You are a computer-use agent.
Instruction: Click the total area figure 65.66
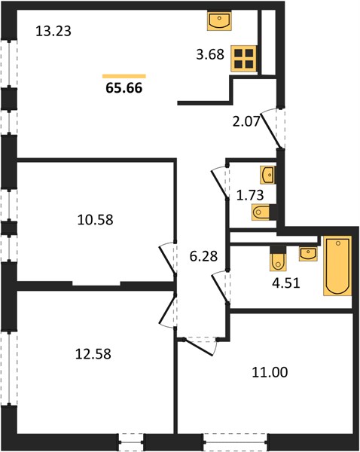(124, 88)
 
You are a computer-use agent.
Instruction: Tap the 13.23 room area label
(53, 31)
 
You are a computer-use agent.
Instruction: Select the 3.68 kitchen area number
(210, 54)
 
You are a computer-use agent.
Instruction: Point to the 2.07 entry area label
(246, 121)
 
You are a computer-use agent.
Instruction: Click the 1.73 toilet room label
(250, 195)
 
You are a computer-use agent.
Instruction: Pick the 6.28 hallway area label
(203, 256)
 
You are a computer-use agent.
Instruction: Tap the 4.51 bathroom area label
(286, 282)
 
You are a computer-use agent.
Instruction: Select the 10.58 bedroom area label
(96, 220)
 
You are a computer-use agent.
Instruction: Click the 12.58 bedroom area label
(93, 354)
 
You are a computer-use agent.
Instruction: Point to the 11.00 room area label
(270, 372)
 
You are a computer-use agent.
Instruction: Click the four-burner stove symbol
(244, 59)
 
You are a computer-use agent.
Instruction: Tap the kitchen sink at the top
(219, 21)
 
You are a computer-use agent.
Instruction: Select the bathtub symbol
(337, 266)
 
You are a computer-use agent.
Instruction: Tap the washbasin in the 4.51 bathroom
(308, 254)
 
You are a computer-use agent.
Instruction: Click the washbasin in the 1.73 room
(268, 175)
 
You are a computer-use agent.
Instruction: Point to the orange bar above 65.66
(124, 76)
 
